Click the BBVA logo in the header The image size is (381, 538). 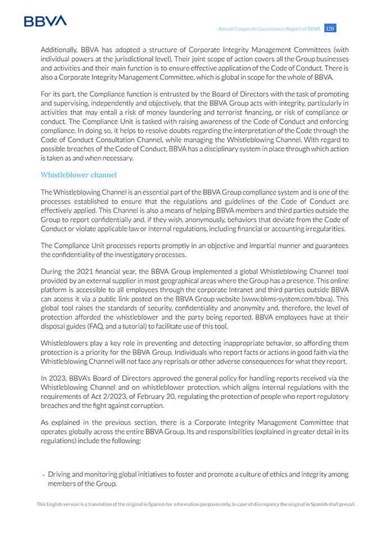coord(45,21)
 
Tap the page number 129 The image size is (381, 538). coord(330,29)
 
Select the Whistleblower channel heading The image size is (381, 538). coord(79,175)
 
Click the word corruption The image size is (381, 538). coord(148,405)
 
